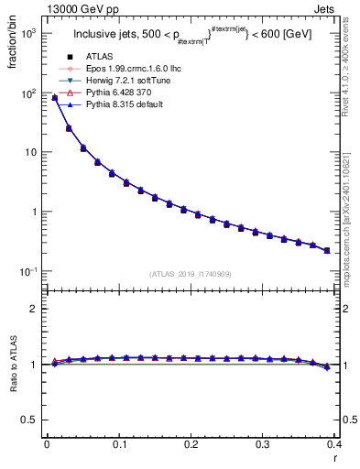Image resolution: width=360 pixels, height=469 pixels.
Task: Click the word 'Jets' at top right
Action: [x=323, y=8]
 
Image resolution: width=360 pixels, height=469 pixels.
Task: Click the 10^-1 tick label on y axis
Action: [x=27, y=271]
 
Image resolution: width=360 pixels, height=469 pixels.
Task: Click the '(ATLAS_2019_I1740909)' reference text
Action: [x=190, y=274]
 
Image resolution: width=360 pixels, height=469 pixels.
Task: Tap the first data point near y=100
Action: [x=54, y=98]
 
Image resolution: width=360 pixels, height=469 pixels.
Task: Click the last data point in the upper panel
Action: [x=327, y=250]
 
